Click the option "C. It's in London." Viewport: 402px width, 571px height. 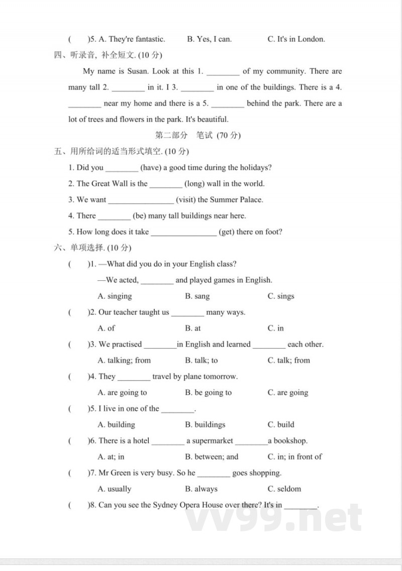(296, 39)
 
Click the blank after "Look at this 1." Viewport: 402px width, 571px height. (223, 72)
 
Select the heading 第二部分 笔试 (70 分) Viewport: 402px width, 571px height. (198, 136)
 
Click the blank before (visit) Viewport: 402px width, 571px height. (141, 200)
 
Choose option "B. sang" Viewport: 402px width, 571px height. (197, 296)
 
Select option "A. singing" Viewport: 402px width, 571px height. (115, 296)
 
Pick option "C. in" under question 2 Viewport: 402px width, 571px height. (275, 328)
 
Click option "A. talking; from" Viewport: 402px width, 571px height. (124, 361)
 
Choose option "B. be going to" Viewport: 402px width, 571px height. (208, 393)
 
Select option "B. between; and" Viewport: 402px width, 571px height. (212, 457)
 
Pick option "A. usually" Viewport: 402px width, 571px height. (114, 489)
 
